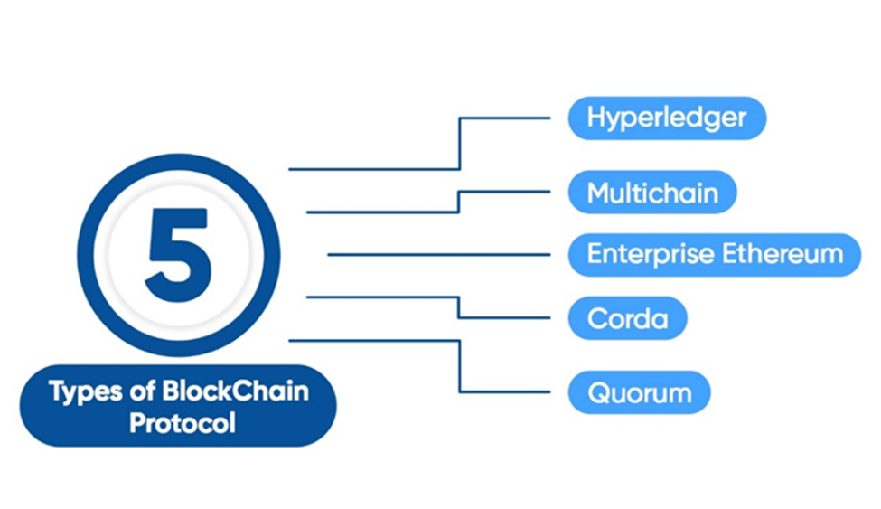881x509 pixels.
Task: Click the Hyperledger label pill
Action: tap(667, 118)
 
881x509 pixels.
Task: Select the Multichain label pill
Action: tap(651, 193)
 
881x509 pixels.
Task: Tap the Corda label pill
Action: tap(627, 319)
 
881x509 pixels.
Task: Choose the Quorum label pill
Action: tap(639, 393)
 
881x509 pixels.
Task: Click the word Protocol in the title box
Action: tap(182, 423)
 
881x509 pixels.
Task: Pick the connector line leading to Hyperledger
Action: tap(460, 145)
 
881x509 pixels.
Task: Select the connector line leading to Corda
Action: tap(459, 307)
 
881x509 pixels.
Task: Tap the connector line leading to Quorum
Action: tap(460, 366)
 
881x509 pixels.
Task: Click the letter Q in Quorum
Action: tap(597, 393)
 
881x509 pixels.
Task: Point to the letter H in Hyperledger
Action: tap(596, 118)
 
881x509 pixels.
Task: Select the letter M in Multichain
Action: tap(599, 193)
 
